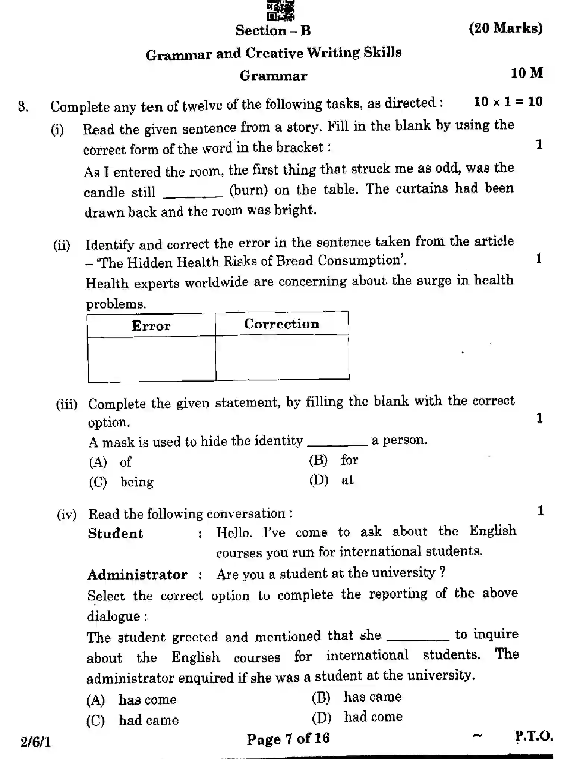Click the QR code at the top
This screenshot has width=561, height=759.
[x=281, y=10]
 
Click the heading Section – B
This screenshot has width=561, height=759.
[x=273, y=31]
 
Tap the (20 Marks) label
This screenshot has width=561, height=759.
[x=505, y=28]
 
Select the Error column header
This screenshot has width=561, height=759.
[x=151, y=326]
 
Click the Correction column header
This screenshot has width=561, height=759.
[x=281, y=324]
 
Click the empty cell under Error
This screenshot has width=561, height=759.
[x=151, y=359]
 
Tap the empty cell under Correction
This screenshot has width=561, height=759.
[x=282, y=357]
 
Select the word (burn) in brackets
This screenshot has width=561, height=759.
[x=248, y=190]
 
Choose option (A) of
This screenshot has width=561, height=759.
[x=110, y=462]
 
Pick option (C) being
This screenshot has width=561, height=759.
[x=122, y=482]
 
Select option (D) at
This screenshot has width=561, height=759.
[x=331, y=480]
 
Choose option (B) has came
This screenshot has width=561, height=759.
[x=357, y=697]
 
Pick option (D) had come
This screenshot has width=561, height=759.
[x=357, y=717]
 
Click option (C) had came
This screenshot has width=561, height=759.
[x=133, y=720]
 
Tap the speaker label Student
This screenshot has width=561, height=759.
[x=115, y=534]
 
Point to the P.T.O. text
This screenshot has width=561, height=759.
[x=534, y=736]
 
